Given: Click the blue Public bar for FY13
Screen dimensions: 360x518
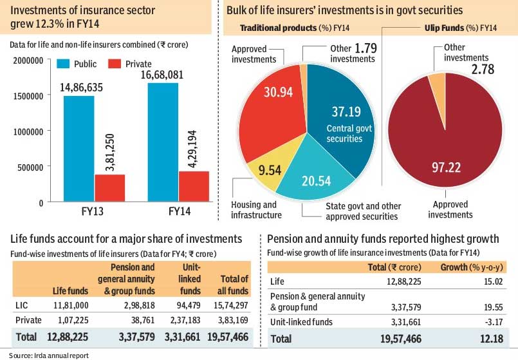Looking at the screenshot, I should coord(79,148).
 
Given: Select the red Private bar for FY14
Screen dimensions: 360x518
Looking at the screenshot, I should coord(194,186).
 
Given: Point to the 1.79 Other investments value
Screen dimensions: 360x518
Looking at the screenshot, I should coord(364,48).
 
